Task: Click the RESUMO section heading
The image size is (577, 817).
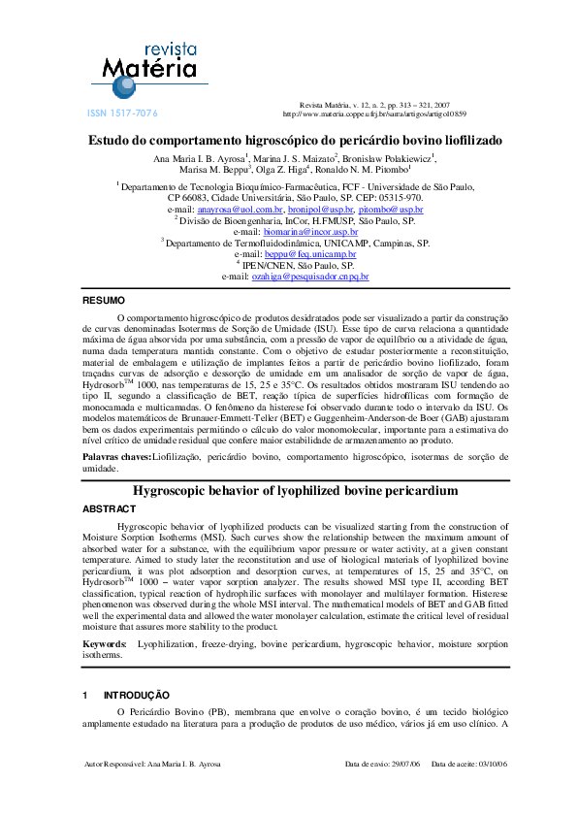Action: click(103, 301)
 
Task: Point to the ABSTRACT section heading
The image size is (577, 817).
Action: click(109, 508)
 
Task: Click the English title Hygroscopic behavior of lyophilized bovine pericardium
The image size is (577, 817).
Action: click(295, 491)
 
